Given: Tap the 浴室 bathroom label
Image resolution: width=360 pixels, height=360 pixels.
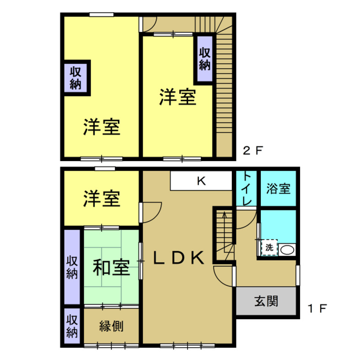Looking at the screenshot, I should click(x=278, y=188).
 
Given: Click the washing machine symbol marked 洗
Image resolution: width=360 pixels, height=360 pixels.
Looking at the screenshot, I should click(x=269, y=248).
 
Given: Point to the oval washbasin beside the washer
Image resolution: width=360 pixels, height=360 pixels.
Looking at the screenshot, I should click(x=287, y=250).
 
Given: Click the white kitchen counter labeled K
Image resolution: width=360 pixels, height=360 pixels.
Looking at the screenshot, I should click(x=202, y=181).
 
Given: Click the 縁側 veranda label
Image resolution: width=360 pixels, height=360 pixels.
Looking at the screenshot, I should click(x=111, y=326).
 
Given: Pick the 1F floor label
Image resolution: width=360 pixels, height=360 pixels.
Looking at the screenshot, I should click(x=317, y=309).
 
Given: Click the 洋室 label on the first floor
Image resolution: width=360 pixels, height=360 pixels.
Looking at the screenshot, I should click(x=102, y=199).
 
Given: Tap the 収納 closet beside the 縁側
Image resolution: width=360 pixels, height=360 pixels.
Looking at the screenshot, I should click(x=72, y=325).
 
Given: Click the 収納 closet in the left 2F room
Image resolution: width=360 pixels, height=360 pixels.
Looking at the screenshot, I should click(x=76, y=77).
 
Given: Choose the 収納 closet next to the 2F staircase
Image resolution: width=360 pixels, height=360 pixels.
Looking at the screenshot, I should click(x=204, y=59).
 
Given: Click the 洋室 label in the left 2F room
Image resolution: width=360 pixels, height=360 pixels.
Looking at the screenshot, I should click(x=102, y=127).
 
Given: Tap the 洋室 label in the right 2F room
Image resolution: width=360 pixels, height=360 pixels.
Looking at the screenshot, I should click(x=177, y=97).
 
